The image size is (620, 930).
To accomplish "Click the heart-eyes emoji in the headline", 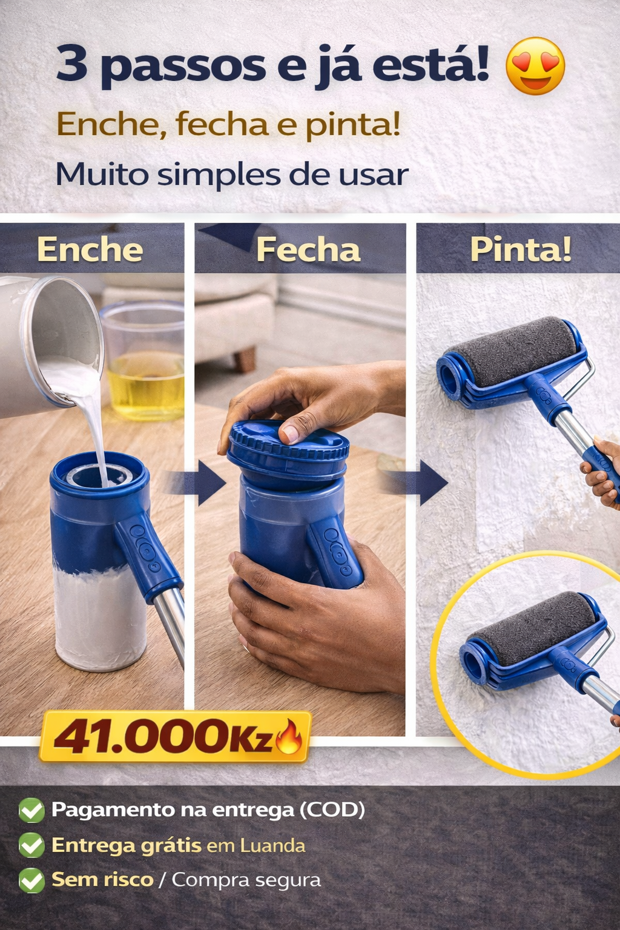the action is click(535, 65).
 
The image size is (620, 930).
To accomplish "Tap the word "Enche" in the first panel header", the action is click(90, 249).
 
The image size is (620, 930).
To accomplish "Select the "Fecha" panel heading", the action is click(308, 249).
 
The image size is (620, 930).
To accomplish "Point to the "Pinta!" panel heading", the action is click(521, 249).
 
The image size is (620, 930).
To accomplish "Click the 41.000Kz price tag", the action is click(175, 736).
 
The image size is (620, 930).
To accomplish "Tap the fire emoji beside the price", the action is click(289, 737).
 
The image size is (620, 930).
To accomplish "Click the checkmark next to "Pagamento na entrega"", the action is click(31, 810).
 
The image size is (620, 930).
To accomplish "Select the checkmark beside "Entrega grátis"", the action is click(31, 845).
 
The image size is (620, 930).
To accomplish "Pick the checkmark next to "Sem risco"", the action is click(31, 880).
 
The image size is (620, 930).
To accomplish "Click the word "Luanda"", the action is click(273, 845).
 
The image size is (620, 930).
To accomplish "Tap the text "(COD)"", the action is click(332, 809).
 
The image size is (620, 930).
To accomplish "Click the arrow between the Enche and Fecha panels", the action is click(195, 483).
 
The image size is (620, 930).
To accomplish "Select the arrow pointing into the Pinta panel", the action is click(415, 483).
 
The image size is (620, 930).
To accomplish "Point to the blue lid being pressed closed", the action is click(288, 450).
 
